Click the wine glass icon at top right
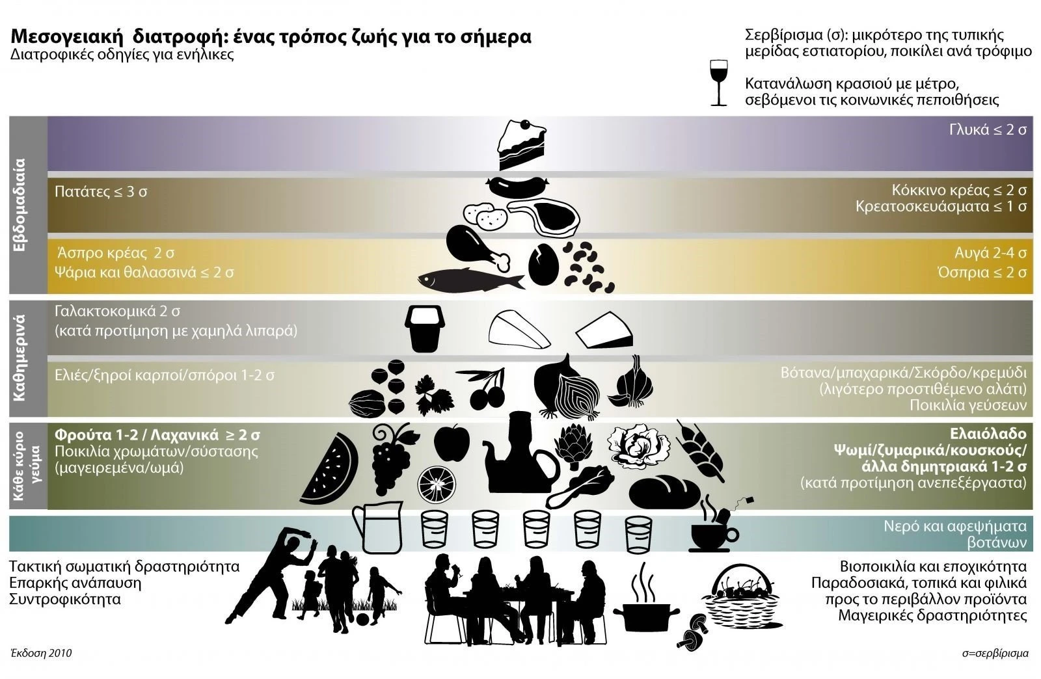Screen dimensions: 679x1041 [719, 83]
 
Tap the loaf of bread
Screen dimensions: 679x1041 [663, 492]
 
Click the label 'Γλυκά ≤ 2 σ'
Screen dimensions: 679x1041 [987, 129]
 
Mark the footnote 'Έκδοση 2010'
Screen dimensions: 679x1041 [40, 652]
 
